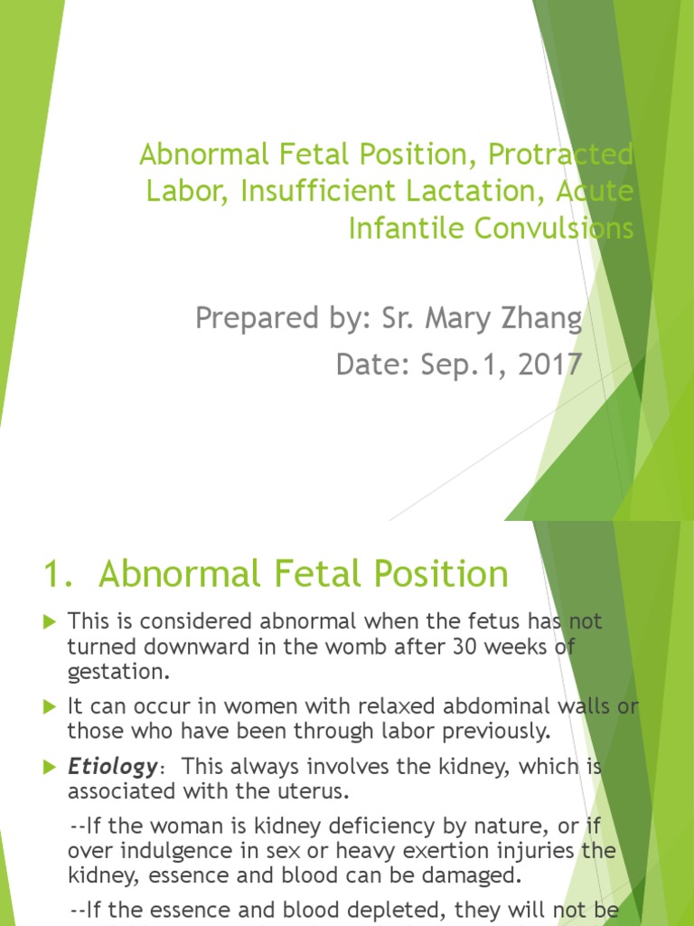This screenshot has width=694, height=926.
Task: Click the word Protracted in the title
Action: click(x=560, y=155)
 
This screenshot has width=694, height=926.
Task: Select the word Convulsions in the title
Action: click(x=552, y=229)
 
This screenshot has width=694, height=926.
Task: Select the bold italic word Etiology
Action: click(x=112, y=768)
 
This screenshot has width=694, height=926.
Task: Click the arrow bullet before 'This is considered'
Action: click(x=50, y=622)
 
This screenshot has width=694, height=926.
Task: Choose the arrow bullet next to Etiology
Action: click(x=50, y=768)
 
